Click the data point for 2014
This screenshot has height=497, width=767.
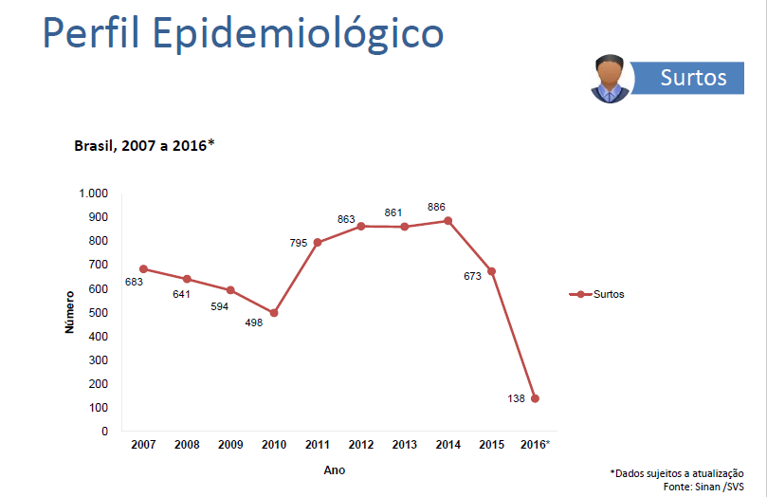tap(447, 221)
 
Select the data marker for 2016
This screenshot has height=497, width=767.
tap(535, 398)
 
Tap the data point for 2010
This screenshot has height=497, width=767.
tap(274, 313)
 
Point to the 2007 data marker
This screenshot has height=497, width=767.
tap(143, 268)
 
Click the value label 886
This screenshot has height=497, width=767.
tap(436, 207)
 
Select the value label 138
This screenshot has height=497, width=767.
tap(517, 399)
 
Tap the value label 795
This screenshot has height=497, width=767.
tap(300, 244)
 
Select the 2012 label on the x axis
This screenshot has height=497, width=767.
tap(361, 445)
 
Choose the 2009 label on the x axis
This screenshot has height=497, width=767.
tap(230, 445)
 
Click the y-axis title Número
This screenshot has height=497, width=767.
tap(69, 312)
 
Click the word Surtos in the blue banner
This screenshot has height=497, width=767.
tap(694, 78)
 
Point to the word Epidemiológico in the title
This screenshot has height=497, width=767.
tap(298, 34)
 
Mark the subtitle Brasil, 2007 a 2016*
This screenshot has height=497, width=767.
tap(144, 146)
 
